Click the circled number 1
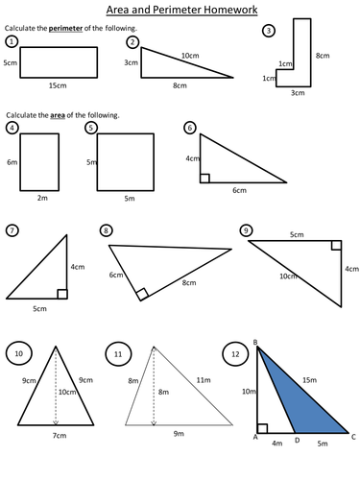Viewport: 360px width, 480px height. point(12,42)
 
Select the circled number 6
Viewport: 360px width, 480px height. point(190,127)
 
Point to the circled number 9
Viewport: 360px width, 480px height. point(247,230)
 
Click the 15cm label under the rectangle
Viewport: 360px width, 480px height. point(60,85)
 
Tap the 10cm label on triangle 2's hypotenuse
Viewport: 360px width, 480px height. point(191,56)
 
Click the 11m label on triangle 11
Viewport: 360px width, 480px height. point(204,381)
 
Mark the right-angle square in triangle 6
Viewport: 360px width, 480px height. point(204,178)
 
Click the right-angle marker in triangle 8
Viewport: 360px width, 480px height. point(142,295)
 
